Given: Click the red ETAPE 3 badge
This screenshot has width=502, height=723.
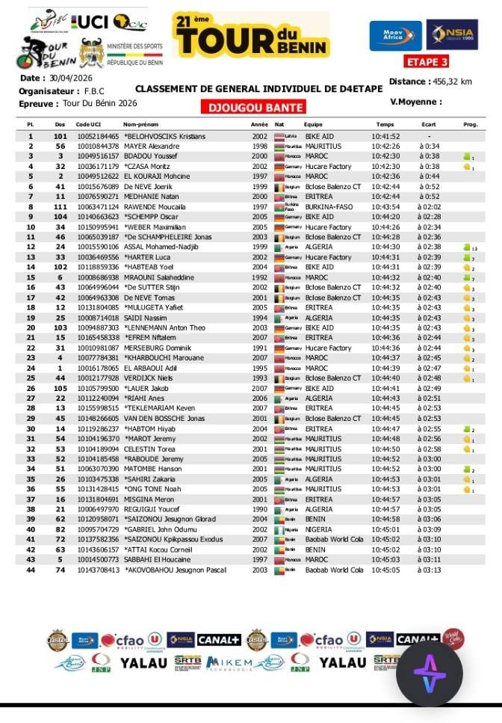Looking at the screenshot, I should click(432, 61).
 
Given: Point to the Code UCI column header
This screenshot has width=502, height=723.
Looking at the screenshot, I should click(89, 124).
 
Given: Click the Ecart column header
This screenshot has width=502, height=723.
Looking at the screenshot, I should click(428, 124).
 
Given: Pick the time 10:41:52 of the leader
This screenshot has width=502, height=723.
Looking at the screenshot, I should click(385, 137).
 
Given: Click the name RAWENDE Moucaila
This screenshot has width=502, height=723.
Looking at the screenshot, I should click(155, 206).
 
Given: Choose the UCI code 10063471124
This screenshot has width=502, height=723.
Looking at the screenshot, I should click(97, 206).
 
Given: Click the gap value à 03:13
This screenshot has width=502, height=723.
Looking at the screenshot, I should click(430, 570).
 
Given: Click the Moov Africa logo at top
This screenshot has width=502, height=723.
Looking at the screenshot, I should click(395, 34).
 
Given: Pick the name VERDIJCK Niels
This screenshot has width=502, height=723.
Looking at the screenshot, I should click(149, 378).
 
